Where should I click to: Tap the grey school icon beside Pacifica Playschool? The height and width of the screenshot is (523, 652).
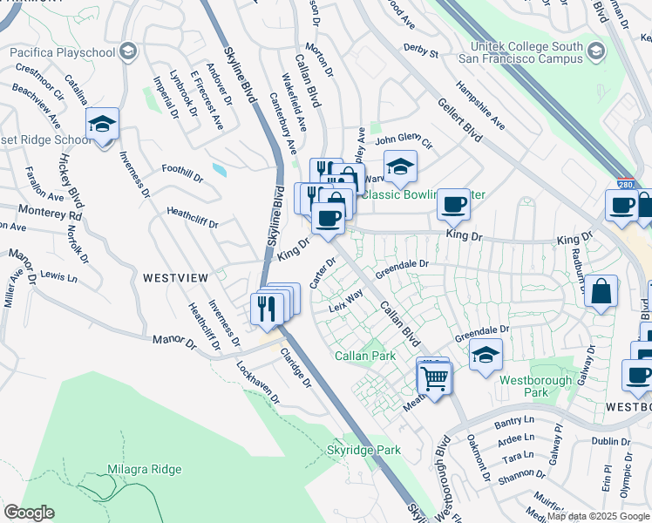(x=128, y=52)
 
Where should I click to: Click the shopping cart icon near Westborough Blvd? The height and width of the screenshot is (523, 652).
(x=433, y=378)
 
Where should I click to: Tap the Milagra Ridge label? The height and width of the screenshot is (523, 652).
(x=145, y=469)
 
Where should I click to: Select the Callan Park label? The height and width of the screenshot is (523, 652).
(x=365, y=356)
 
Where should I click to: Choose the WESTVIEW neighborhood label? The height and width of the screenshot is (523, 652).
(x=175, y=277)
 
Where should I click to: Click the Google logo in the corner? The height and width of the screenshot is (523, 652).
(x=29, y=513)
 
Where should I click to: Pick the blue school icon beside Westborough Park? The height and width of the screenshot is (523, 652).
(x=486, y=354)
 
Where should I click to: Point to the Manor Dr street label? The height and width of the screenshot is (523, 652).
(x=174, y=342)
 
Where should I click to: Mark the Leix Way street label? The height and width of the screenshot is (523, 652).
(x=345, y=302)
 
